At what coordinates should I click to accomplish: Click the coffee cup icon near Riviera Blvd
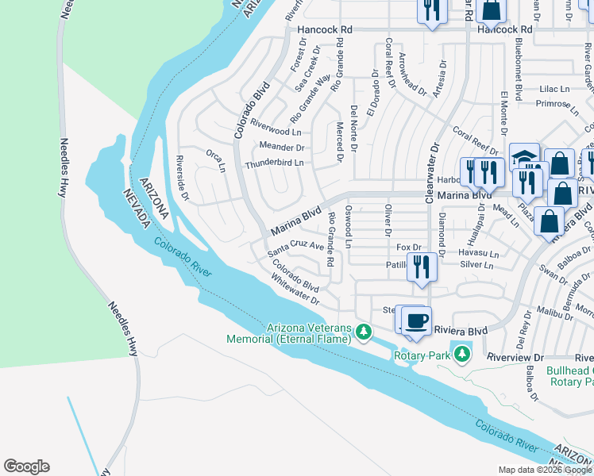pos(417,321)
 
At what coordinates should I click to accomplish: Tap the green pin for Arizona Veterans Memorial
pos(364,331)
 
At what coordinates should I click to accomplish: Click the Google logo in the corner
pos(26,466)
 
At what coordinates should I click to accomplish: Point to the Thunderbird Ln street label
pos(275,163)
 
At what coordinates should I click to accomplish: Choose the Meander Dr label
pos(282,147)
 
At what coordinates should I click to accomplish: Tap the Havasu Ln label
pos(478,254)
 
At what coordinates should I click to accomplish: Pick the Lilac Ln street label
pos(555,89)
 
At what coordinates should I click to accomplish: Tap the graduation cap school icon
pos(524,156)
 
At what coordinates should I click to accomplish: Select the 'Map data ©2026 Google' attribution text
pos(544,470)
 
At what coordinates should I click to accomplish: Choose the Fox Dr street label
pos(408,248)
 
